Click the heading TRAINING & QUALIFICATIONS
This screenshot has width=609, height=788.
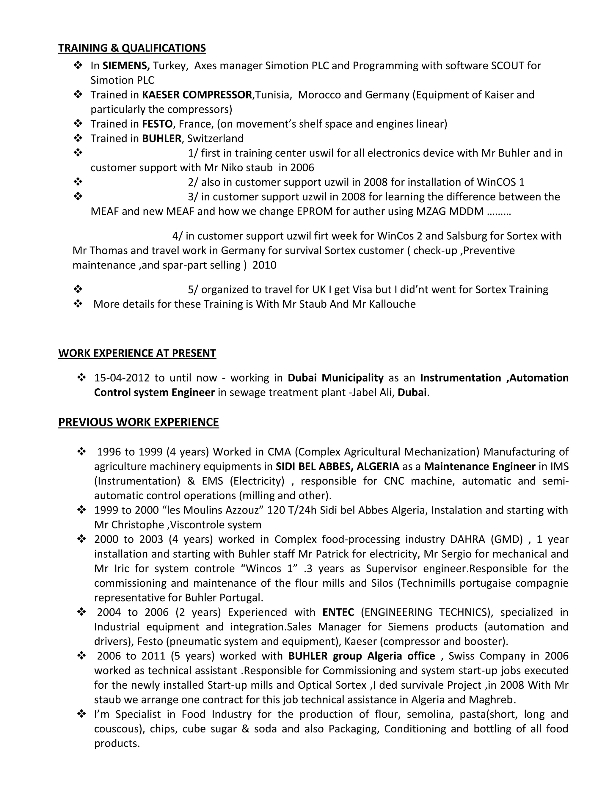click(132, 48)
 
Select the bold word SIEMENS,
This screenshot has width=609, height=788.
click(126, 66)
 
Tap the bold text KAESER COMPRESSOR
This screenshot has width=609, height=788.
click(197, 95)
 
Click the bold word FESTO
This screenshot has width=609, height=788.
click(157, 124)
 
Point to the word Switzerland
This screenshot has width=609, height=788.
click(215, 139)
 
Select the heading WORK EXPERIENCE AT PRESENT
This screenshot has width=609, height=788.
click(137, 353)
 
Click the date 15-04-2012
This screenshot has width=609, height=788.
click(121, 378)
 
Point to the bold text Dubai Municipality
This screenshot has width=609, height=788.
click(335, 378)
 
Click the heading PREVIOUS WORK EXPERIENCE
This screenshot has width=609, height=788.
click(139, 422)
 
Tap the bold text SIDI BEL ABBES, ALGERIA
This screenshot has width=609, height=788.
click(337, 467)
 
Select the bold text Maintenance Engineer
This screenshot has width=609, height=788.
click(479, 467)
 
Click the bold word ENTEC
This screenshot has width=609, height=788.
click(338, 612)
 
